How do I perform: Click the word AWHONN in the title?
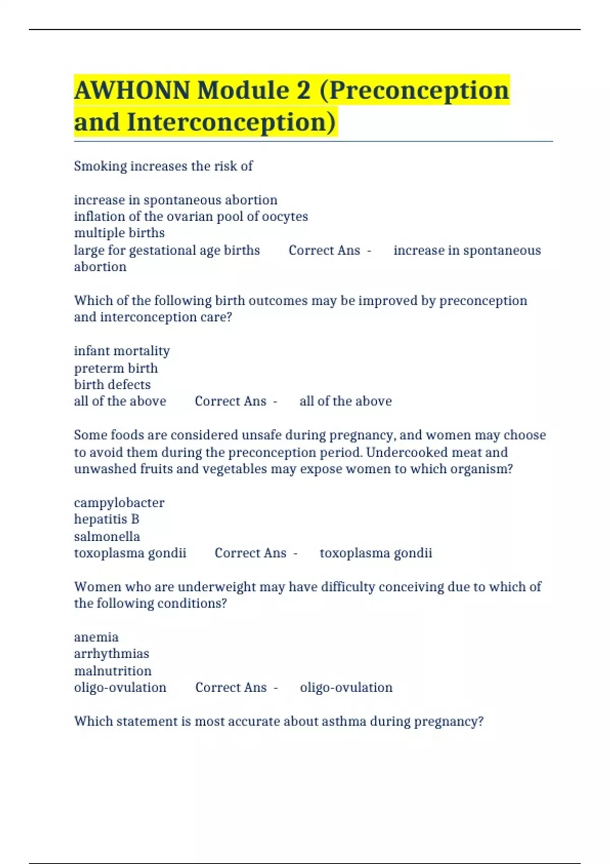(x=132, y=90)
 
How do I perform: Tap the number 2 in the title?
(x=303, y=90)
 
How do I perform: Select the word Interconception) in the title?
(x=231, y=122)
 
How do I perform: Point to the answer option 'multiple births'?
(x=119, y=233)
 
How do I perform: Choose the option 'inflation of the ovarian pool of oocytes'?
(x=191, y=217)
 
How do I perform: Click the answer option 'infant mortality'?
(x=122, y=351)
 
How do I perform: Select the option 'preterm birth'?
(x=116, y=368)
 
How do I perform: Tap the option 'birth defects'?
(x=112, y=385)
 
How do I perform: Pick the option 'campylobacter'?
(x=119, y=503)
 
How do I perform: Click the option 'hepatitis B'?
(x=106, y=519)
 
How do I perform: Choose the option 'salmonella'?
(x=107, y=536)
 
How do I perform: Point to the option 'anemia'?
(x=96, y=637)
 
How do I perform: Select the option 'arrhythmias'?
(x=111, y=654)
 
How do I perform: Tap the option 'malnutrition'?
(x=113, y=671)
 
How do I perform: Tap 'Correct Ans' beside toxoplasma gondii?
(x=251, y=553)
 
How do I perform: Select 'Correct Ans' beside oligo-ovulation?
(x=231, y=688)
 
